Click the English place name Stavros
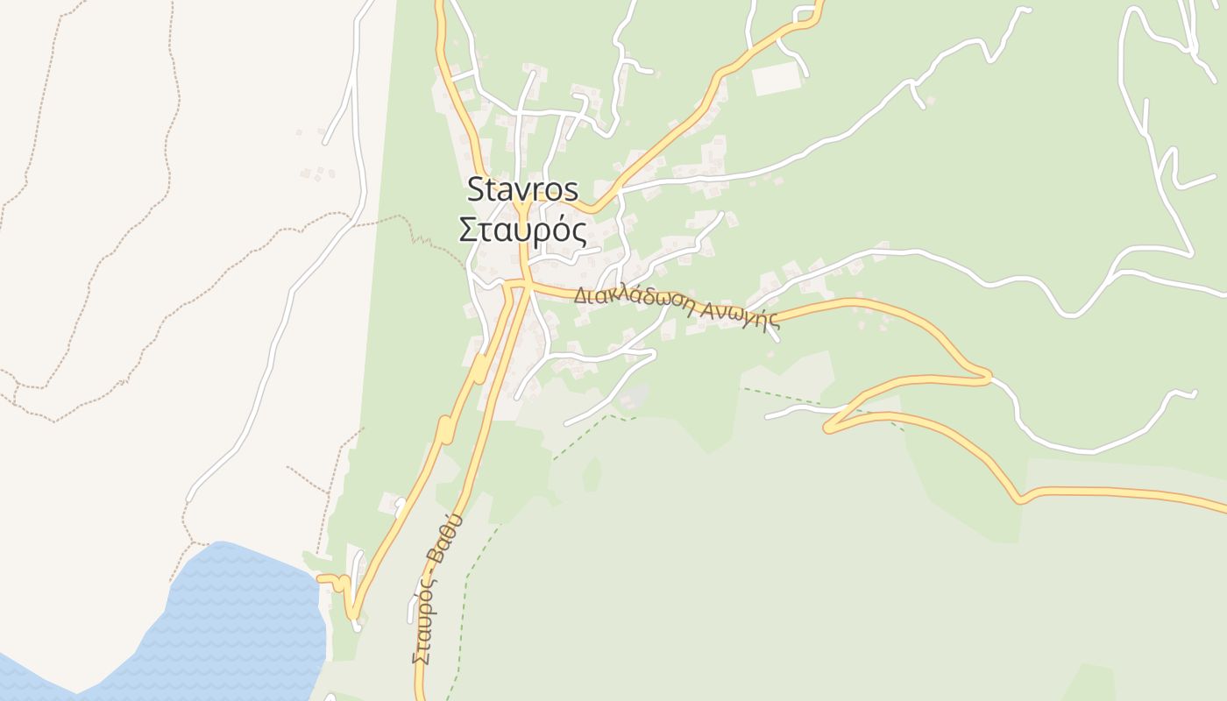click(523, 189)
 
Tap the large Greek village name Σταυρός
click(523, 230)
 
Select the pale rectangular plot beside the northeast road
click(777, 79)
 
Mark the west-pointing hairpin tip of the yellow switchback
click(827, 427)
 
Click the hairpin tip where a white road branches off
click(989, 378)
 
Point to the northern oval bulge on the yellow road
click(480, 369)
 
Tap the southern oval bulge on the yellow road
click(445, 430)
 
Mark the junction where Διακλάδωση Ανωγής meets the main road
click(527, 283)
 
